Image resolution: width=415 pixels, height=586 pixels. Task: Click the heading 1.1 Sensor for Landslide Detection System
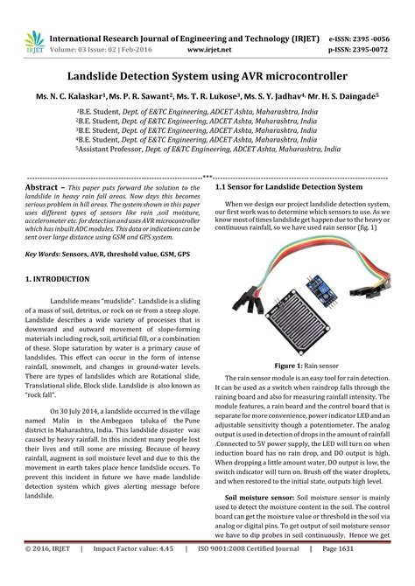point(289,188)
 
